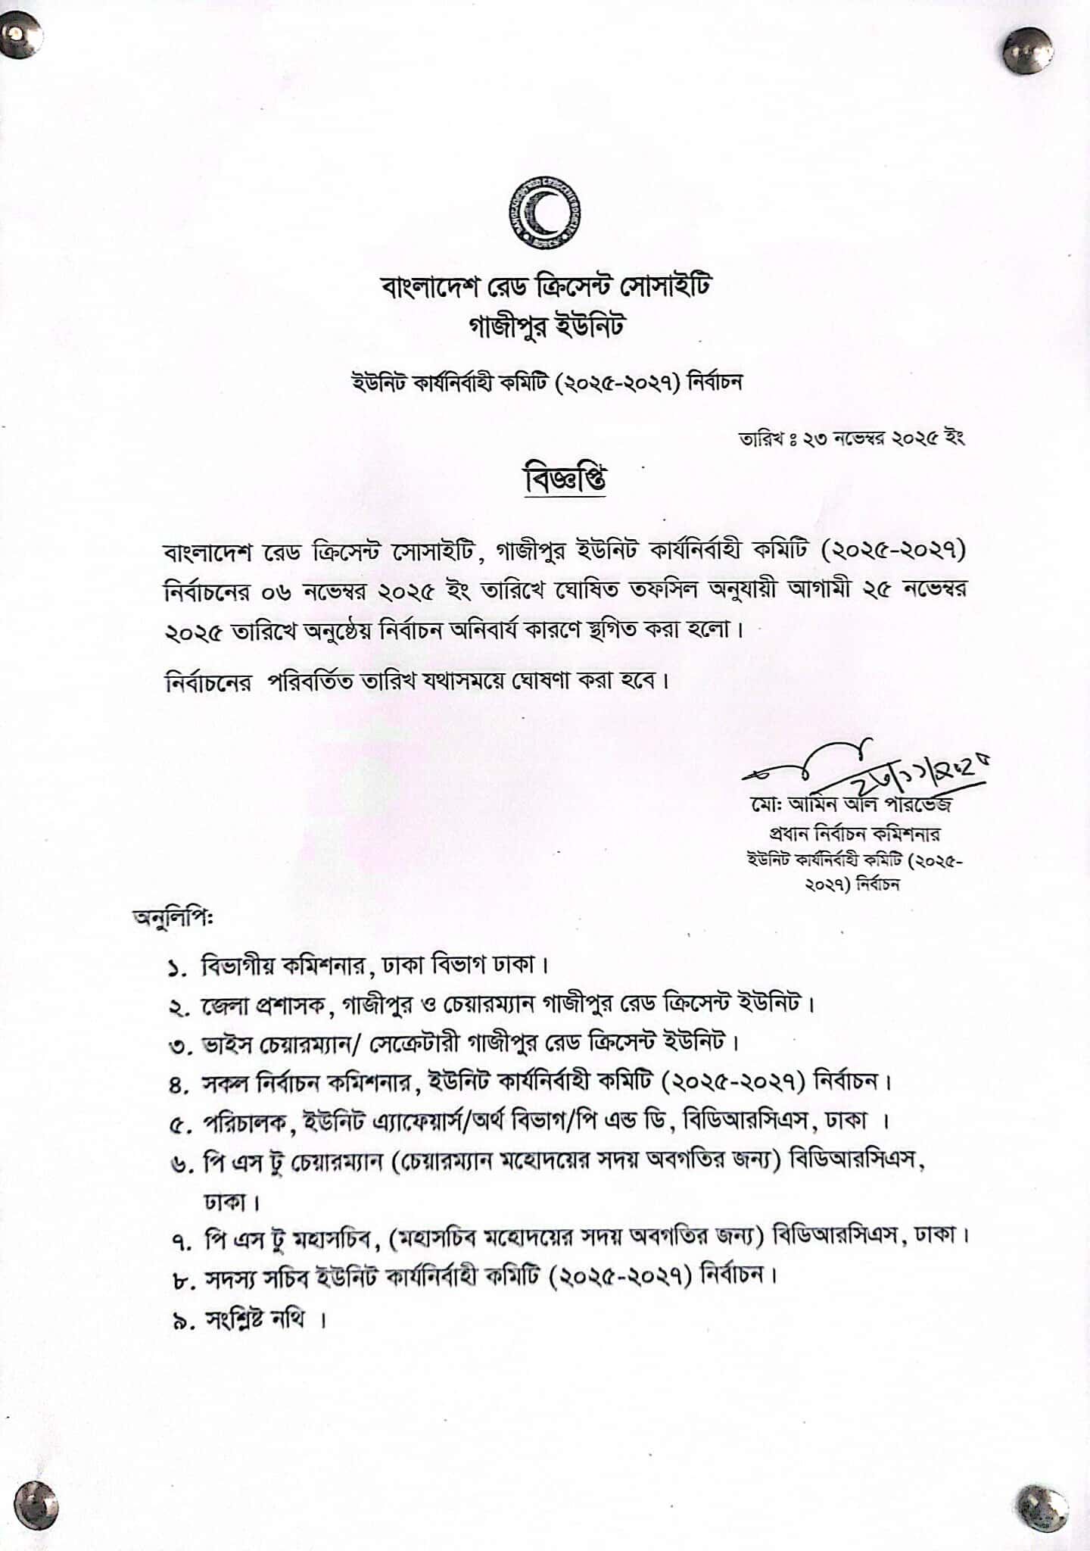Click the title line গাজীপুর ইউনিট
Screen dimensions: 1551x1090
[x=546, y=326]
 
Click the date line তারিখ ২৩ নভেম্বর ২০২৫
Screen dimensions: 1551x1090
[x=851, y=438]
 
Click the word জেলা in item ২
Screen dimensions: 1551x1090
[x=224, y=1006]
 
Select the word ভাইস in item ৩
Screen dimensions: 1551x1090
[x=225, y=1044]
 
